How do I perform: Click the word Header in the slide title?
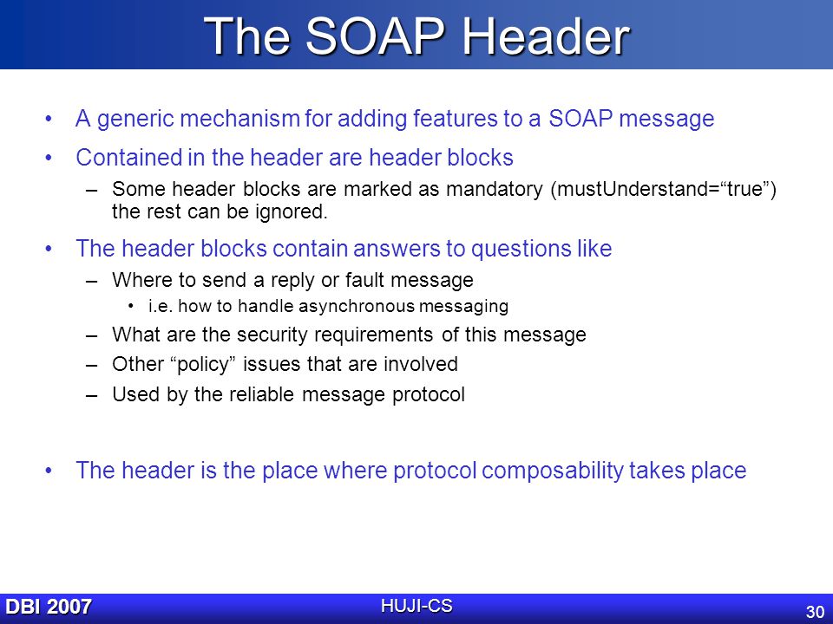(x=546, y=36)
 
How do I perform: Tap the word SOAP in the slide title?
(x=375, y=36)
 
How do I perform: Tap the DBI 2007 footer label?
(x=49, y=607)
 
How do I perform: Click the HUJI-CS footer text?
(x=416, y=606)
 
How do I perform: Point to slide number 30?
(x=815, y=612)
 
